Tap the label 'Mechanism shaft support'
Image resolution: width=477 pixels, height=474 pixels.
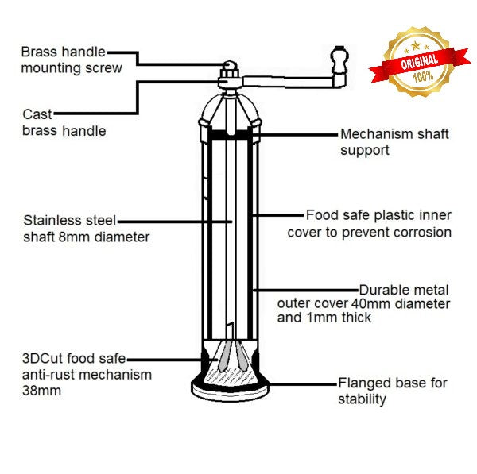click(x=394, y=141)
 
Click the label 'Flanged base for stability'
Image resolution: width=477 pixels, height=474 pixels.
click(x=393, y=391)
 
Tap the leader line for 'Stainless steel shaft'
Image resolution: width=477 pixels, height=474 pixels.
click(x=175, y=221)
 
